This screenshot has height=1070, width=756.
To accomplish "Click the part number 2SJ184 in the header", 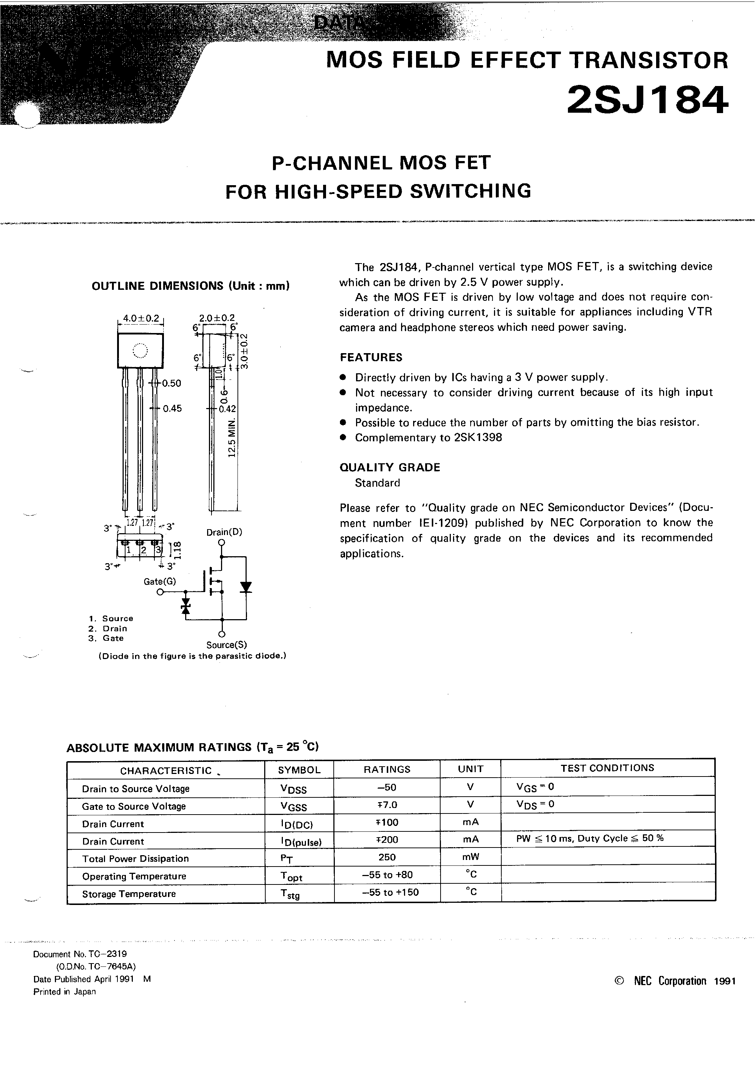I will (647, 100).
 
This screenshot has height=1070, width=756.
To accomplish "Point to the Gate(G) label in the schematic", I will (160, 581).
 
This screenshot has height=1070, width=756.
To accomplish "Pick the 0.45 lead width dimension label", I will (172, 409).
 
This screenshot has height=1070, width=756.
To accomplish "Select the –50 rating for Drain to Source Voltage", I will (386, 787).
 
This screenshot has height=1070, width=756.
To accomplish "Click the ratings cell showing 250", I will (387, 857).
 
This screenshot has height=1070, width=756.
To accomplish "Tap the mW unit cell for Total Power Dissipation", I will (470, 857).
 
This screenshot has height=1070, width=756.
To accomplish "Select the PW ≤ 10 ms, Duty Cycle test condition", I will (590, 838).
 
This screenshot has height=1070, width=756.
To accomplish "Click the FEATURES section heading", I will (371, 358).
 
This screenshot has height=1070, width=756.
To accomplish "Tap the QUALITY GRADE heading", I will (390, 467).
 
